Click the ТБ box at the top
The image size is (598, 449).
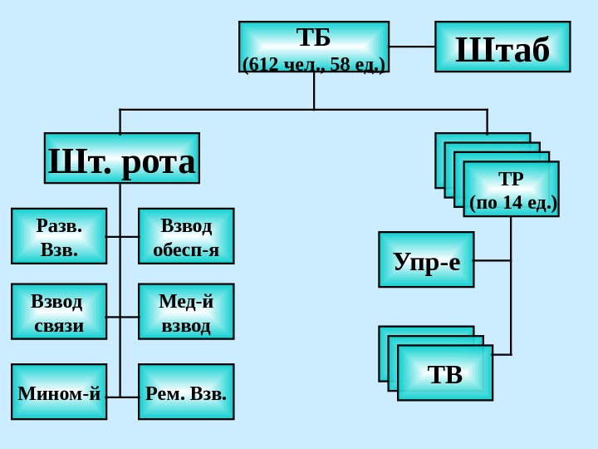314,47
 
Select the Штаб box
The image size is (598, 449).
502,47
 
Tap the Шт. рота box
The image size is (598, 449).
122,158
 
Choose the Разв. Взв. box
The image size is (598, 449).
59,236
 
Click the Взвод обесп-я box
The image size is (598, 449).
186,236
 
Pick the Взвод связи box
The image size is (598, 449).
59,312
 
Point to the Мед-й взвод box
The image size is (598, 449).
186,312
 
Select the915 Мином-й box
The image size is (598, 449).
59,392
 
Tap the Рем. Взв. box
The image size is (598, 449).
186,392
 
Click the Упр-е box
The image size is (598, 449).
426,259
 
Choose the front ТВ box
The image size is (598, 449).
445,373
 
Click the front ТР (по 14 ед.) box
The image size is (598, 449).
512,190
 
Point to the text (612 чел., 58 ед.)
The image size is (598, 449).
314,63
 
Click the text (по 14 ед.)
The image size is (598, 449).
512,202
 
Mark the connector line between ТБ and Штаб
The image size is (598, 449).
412,47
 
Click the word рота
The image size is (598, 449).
159,161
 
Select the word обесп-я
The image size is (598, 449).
186,249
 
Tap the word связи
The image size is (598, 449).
59,325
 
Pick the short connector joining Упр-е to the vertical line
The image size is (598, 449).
492,260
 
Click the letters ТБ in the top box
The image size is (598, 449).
314,37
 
